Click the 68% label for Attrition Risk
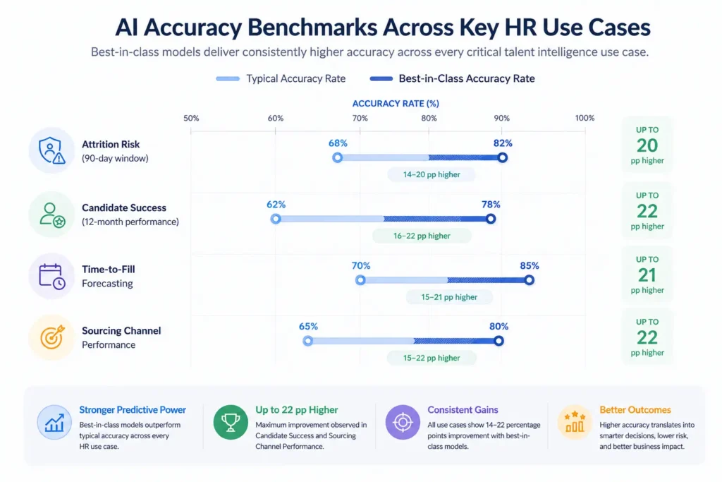(x=338, y=143)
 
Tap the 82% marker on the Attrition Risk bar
(x=502, y=157)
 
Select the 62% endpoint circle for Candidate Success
(x=276, y=219)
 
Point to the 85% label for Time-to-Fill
(x=530, y=266)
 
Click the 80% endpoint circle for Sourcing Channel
(x=498, y=341)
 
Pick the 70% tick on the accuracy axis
(x=360, y=118)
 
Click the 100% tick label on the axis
(x=585, y=118)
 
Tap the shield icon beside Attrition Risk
(x=51, y=150)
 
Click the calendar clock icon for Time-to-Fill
(x=51, y=275)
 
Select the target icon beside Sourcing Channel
(x=51, y=337)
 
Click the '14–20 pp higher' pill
(x=432, y=174)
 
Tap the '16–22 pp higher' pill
(x=421, y=236)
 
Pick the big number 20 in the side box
(x=647, y=145)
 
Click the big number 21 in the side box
(x=647, y=274)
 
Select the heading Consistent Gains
(x=463, y=410)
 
